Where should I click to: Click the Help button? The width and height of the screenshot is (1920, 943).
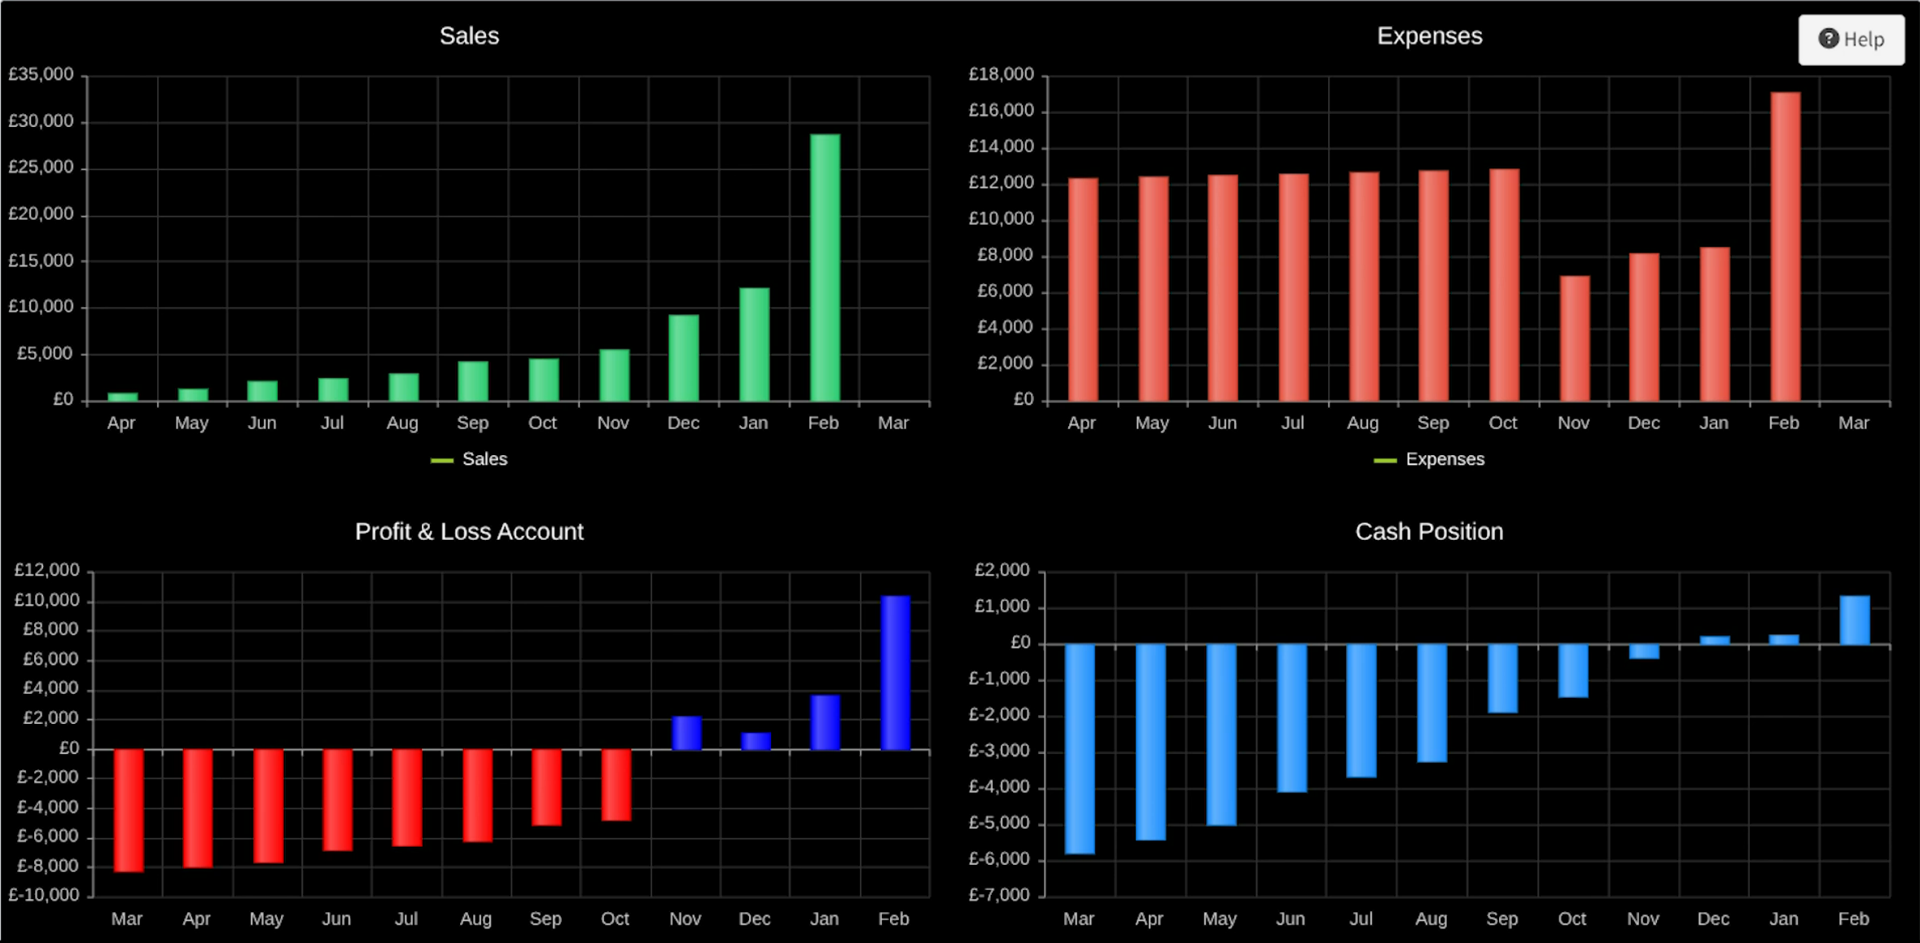[1851, 39]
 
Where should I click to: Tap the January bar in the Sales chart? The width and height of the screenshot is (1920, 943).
[754, 344]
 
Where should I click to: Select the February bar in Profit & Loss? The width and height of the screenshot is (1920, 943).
[895, 673]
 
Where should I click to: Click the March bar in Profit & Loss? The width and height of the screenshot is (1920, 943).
[129, 810]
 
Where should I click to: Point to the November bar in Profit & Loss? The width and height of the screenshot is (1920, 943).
[686, 733]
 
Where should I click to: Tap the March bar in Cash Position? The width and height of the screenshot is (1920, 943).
[1080, 749]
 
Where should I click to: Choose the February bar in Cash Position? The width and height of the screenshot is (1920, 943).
[1854, 621]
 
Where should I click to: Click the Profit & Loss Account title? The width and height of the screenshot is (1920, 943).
[469, 532]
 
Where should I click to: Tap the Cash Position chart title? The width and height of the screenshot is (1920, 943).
[1429, 532]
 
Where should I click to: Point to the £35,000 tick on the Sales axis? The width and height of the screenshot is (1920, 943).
[41, 75]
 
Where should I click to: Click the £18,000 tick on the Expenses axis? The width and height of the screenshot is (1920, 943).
[1001, 75]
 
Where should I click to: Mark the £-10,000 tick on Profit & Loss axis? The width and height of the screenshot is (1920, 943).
[44, 895]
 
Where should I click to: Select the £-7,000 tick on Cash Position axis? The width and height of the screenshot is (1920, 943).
[999, 895]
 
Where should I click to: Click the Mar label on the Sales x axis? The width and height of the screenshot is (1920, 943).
[893, 423]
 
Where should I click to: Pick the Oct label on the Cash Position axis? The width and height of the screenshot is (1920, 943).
[1572, 919]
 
